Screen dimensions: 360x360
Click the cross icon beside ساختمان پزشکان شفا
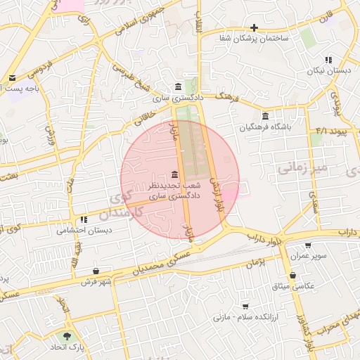tap(254, 27)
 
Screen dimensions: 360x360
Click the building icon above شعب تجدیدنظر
tap(174, 174)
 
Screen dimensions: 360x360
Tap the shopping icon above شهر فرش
tap(96, 271)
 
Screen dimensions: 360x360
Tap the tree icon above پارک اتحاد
tap(67, 337)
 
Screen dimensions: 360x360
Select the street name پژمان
tap(257, 262)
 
